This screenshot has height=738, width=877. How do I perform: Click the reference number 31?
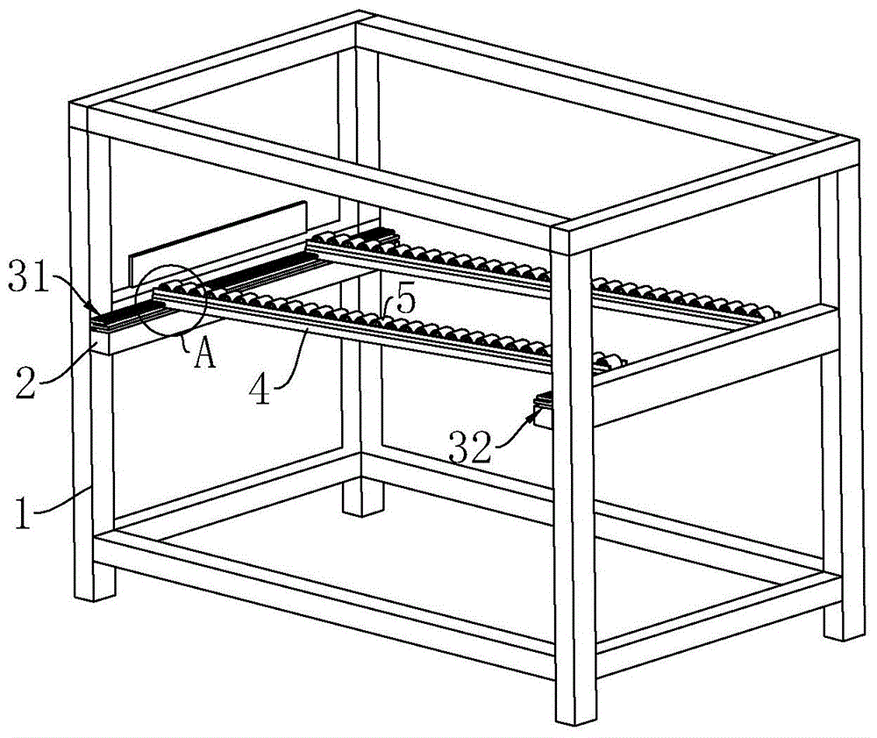pyautogui.click(x=28, y=278)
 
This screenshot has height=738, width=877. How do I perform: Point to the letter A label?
pyautogui.click(x=204, y=355)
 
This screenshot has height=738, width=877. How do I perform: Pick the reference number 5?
pyautogui.click(x=406, y=299)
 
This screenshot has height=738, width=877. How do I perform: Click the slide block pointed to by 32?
pyautogui.click(x=543, y=412)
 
